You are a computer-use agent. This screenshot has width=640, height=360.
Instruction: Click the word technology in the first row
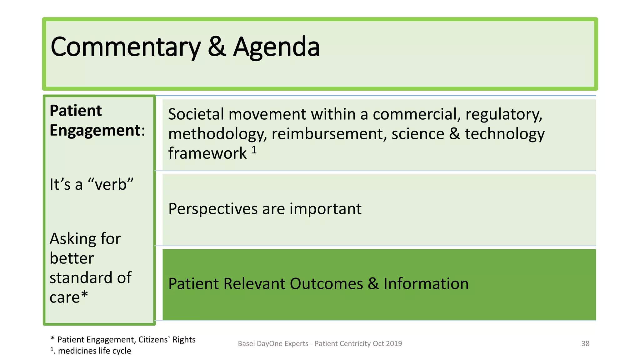click(504, 134)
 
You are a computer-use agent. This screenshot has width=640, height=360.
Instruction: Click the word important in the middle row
click(325, 209)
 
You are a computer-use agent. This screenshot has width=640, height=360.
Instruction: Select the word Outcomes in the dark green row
click(326, 284)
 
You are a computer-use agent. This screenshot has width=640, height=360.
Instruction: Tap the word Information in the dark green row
click(426, 284)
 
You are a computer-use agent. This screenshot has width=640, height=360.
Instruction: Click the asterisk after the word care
click(84, 295)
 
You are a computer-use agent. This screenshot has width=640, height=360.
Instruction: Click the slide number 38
click(585, 343)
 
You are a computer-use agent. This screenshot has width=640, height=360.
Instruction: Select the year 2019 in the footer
click(394, 343)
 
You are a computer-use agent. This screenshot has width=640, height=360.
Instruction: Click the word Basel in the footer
click(246, 343)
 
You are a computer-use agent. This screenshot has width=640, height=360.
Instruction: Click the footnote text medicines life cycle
click(94, 351)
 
